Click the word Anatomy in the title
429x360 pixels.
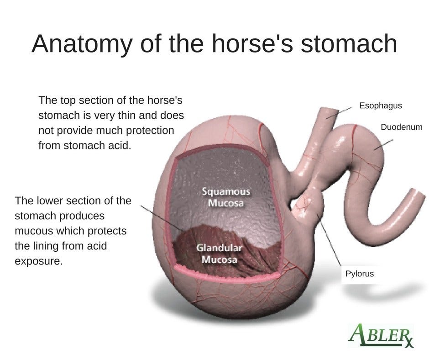82,44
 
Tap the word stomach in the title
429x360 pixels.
349,43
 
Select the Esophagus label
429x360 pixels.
380,106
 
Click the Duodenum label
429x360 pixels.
401,127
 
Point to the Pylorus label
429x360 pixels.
360,273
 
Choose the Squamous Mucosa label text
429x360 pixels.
226,197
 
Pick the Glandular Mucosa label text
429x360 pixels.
219,254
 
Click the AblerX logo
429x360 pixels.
381,335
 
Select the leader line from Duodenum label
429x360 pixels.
383,145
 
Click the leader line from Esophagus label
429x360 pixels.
339,113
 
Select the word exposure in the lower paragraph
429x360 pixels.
39,262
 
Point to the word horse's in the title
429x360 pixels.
252,43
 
